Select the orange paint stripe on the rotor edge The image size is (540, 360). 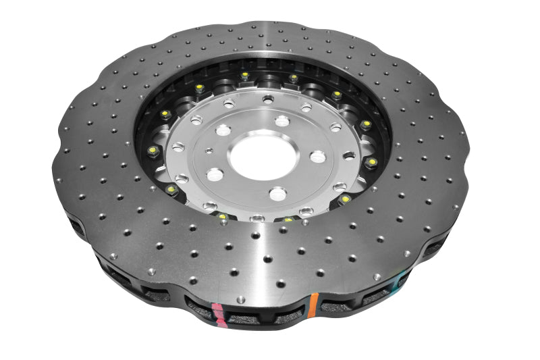[x=313, y=305]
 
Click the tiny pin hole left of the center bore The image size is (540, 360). [x=209, y=152]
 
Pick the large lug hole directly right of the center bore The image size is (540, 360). [x=317, y=157]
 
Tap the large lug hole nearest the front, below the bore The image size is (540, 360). [x=278, y=194]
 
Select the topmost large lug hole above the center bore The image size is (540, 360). [x=281, y=122]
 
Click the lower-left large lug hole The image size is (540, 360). [x=215, y=175]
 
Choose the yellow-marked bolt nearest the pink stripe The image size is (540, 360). [x=222, y=217]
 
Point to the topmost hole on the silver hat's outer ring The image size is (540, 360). [x=268, y=99]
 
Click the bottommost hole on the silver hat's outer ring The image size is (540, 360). [x=257, y=217]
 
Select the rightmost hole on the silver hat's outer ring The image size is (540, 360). [x=349, y=155]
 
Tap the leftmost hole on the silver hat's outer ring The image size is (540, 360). [x=178, y=147]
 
